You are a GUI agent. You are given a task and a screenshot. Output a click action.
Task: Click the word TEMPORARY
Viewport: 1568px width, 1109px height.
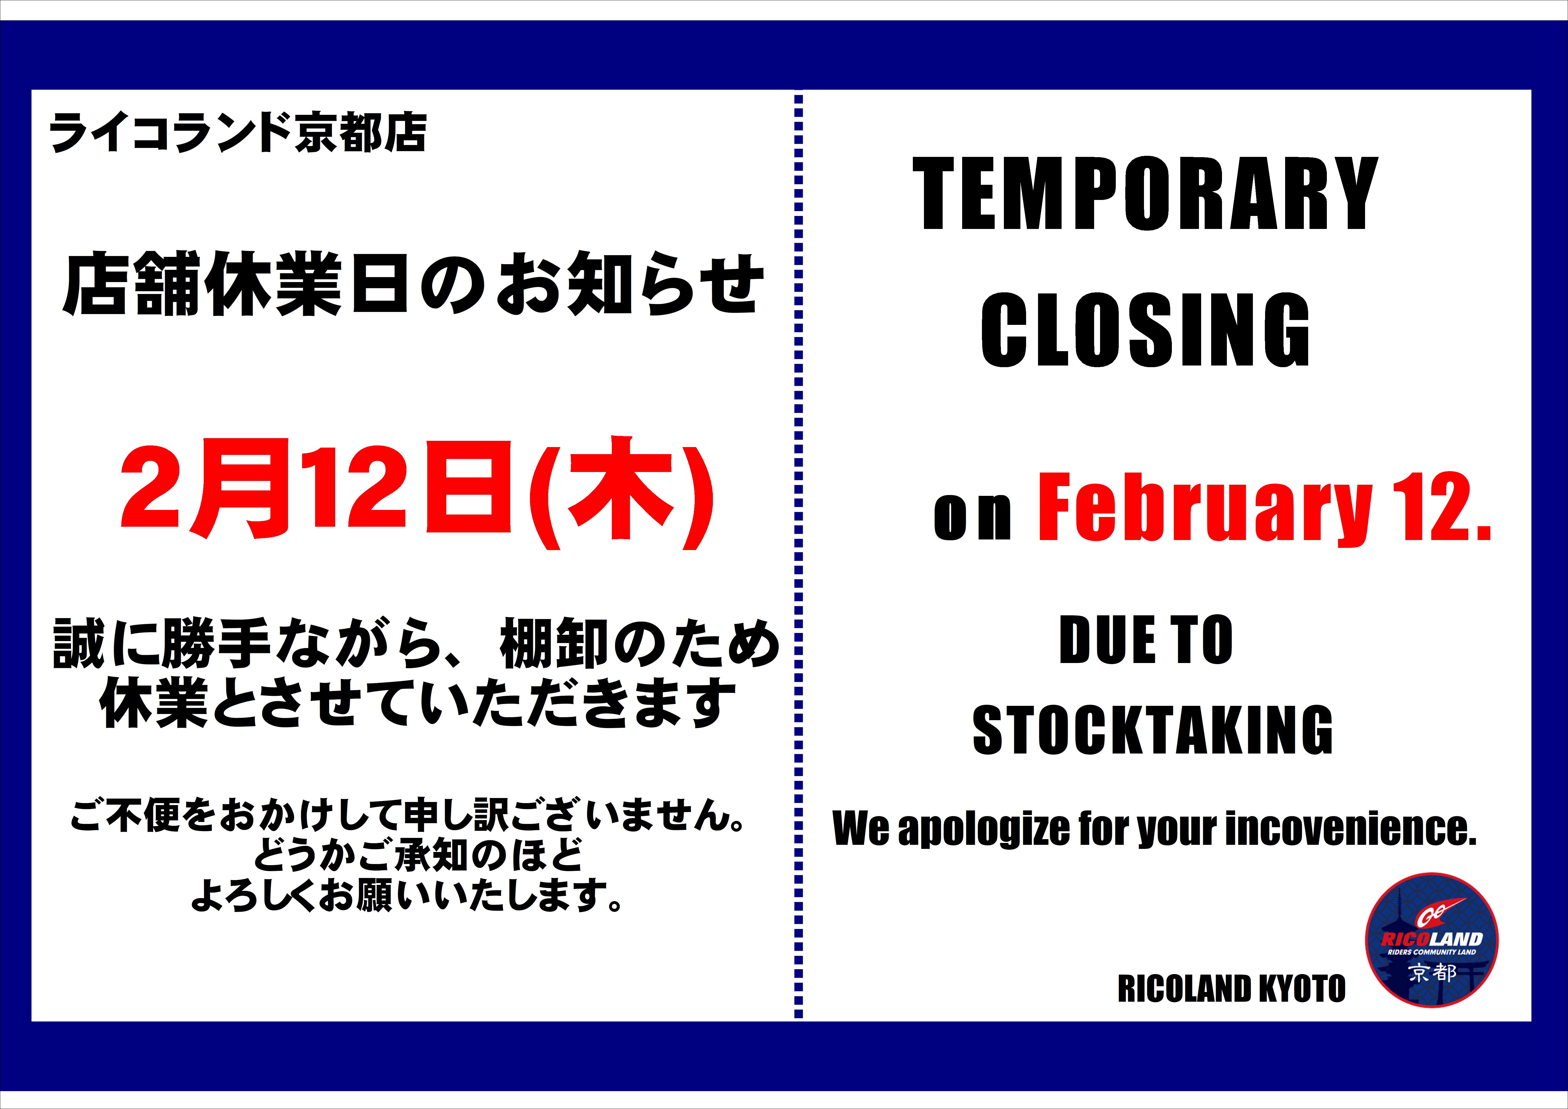point(1145,195)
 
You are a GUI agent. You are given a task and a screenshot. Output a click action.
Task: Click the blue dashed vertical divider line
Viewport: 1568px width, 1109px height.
point(798,557)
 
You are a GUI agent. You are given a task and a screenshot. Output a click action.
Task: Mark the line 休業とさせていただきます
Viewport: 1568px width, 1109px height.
point(418,703)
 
